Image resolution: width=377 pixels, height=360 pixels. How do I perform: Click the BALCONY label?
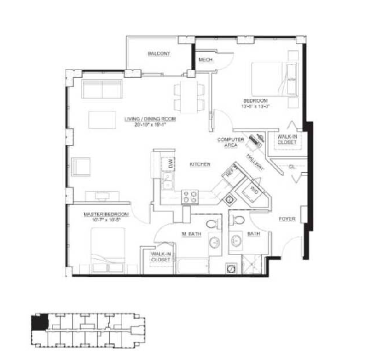click(159, 54)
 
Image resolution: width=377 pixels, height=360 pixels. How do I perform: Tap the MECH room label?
click(205, 60)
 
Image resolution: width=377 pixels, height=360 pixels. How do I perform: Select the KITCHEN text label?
click(200, 164)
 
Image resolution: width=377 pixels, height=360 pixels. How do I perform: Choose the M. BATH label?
click(191, 234)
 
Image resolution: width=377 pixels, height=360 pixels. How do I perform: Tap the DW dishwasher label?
click(170, 163)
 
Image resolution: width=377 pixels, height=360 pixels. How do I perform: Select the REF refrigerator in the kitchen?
click(231, 173)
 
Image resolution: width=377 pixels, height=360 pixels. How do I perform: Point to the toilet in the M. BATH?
click(212, 225)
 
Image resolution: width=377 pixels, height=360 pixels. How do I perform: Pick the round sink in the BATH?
click(236, 241)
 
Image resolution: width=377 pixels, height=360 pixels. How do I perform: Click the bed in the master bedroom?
click(108, 249)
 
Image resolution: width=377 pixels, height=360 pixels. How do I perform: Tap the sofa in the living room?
click(102, 89)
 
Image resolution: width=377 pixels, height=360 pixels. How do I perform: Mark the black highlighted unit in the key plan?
click(40, 321)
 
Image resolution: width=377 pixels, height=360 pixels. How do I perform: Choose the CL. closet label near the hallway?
click(292, 167)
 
